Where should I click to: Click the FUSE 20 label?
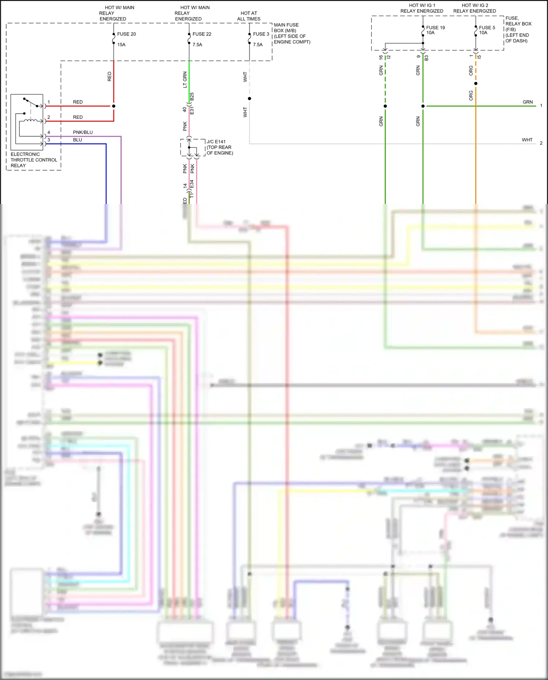pyautogui.click(x=126, y=34)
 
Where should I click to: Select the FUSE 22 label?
pyautogui.click(x=202, y=34)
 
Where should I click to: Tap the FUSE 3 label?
pyautogui.click(x=261, y=34)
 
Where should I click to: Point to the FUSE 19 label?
pyautogui.click(x=435, y=27)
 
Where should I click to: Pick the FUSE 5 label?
pyautogui.click(x=487, y=27)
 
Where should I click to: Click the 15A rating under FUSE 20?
pyautogui.click(x=121, y=45)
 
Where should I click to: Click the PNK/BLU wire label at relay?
pyautogui.click(x=83, y=132)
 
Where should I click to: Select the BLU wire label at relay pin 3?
pyautogui.click(x=77, y=140)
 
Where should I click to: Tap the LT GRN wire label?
pyautogui.click(x=185, y=79)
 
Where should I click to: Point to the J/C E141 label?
pyautogui.click(x=216, y=142)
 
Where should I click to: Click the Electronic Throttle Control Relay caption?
pyautogui.click(x=34, y=160)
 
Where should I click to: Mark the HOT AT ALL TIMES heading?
pyautogui.click(x=249, y=16)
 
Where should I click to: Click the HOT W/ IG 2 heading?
pyautogui.click(x=475, y=8)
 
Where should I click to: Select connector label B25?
pyautogui.click(x=192, y=97)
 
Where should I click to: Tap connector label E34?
pyautogui.click(x=192, y=185)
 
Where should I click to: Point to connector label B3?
pyautogui.click(x=426, y=58)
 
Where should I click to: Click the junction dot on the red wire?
pyautogui.click(x=114, y=106)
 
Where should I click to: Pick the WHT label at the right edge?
pyautogui.click(x=527, y=140)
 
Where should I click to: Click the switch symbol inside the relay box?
pyautogui.click(x=31, y=102)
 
